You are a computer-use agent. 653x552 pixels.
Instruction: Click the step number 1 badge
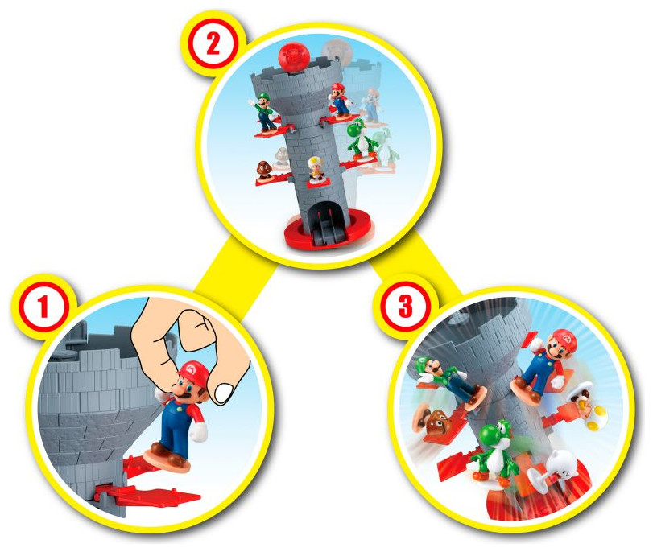(43, 307)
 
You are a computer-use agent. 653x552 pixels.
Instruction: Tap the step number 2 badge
(213, 44)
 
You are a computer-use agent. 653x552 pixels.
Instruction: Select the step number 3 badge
(405, 307)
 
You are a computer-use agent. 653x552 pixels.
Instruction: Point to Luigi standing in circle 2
(262, 112)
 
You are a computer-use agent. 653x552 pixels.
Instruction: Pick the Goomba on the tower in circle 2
(264, 170)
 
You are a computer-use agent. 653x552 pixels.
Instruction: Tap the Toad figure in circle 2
(316, 168)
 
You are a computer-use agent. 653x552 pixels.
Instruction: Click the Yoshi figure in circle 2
(361, 139)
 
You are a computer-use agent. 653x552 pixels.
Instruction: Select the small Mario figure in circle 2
(341, 99)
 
